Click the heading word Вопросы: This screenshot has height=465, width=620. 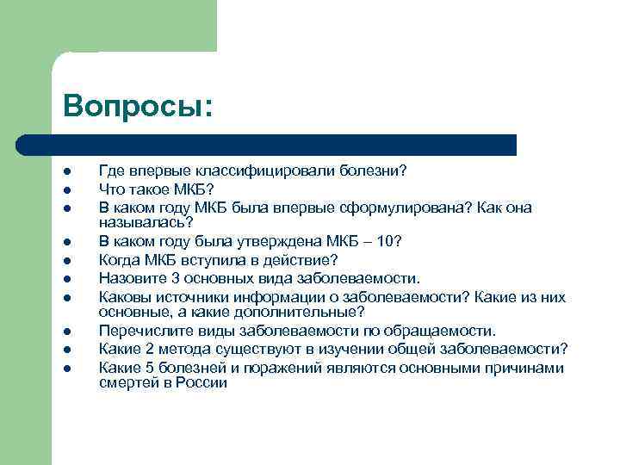coord(137,106)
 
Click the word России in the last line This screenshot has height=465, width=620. coord(203,383)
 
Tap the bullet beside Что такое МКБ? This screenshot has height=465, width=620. coord(66,189)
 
